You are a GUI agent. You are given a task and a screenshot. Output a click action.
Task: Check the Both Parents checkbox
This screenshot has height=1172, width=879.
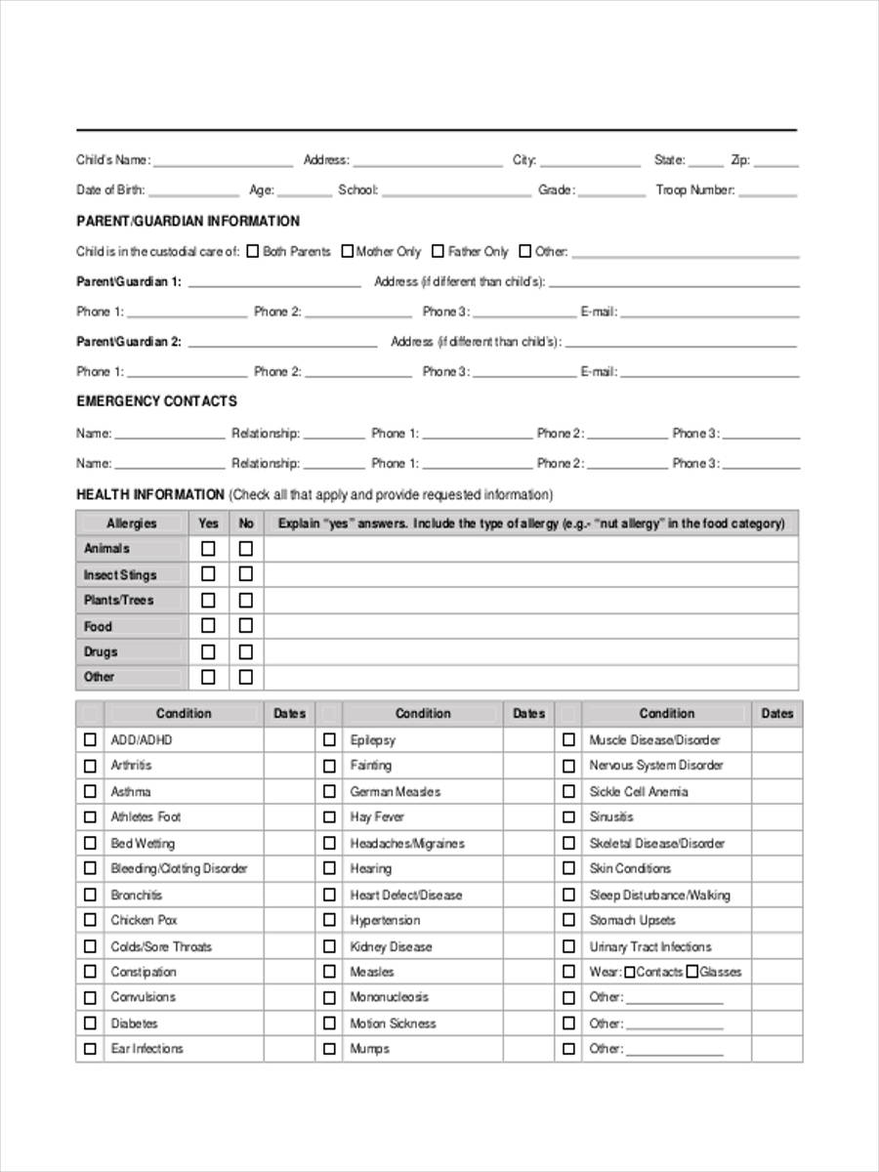click(x=253, y=251)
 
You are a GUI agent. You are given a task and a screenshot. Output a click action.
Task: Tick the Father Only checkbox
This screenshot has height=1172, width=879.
click(x=439, y=251)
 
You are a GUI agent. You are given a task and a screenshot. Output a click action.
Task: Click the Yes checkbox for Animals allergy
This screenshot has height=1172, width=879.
click(x=208, y=548)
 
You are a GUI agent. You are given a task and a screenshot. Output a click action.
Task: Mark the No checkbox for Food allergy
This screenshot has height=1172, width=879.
click(x=245, y=625)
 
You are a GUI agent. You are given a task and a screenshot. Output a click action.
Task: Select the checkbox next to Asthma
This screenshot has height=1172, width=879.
click(x=90, y=791)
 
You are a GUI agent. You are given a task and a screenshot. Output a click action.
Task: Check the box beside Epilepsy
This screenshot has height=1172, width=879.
click(x=330, y=739)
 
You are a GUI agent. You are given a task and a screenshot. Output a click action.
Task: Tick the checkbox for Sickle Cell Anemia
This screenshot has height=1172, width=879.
click(x=568, y=791)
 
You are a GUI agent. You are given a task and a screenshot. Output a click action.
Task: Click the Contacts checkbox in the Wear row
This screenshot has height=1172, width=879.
click(x=629, y=972)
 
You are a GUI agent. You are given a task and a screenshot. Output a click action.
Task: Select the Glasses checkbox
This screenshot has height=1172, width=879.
click(x=691, y=972)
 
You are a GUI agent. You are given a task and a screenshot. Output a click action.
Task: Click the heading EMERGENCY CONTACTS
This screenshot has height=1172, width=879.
click(x=156, y=401)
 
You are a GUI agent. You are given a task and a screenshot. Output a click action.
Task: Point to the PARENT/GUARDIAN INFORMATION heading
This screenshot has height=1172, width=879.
click(x=188, y=221)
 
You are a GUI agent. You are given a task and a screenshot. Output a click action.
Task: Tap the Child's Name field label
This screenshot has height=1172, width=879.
click(x=113, y=160)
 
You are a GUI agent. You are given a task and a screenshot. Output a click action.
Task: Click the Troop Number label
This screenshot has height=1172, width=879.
click(x=694, y=190)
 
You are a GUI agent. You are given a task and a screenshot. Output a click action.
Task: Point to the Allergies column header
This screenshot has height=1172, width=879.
click(x=131, y=523)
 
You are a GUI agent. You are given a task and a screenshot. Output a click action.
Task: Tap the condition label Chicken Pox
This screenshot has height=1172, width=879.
click(x=144, y=920)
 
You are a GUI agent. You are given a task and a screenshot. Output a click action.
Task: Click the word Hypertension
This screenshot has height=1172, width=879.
click(x=385, y=920)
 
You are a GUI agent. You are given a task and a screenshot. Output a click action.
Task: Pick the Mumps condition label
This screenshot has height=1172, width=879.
click(x=369, y=1049)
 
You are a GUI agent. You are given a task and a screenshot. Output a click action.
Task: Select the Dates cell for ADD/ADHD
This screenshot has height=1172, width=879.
click(x=289, y=739)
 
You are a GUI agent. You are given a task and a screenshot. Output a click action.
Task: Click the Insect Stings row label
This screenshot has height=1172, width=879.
click(x=119, y=574)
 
